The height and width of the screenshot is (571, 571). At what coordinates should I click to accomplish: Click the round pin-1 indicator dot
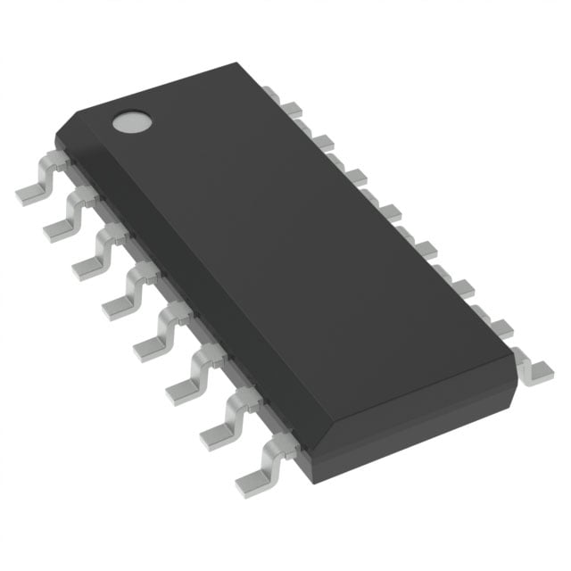[131, 122]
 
